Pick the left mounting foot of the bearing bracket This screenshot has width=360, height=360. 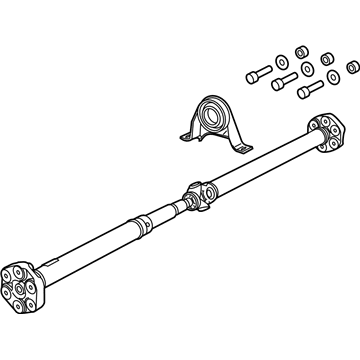pyautogui.click(x=186, y=134)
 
